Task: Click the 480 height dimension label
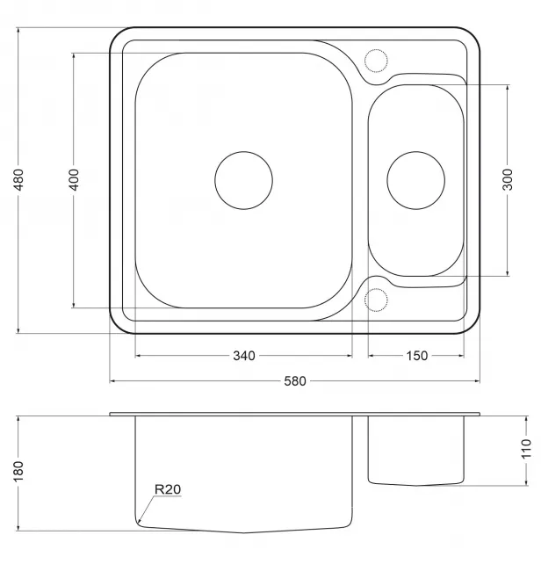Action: tap(18, 179)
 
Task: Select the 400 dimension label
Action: tap(74, 179)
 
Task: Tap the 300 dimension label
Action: tap(508, 179)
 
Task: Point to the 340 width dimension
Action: tap(244, 356)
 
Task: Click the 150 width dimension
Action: tap(416, 356)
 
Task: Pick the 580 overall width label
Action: tap(295, 381)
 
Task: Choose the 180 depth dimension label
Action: tap(18, 471)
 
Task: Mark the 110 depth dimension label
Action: tap(526, 449)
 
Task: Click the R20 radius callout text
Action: tap(168, 489)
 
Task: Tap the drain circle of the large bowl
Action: tap(243, 152)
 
